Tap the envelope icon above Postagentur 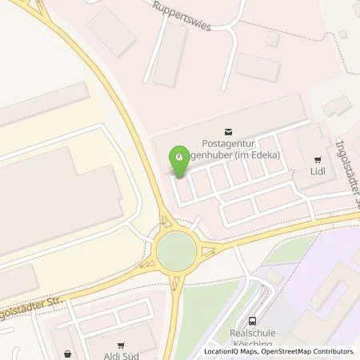tap(229, 130)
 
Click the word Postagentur tap(230, 143)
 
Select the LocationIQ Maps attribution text tap(234, 351)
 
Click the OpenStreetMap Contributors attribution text tap(312, 351)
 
